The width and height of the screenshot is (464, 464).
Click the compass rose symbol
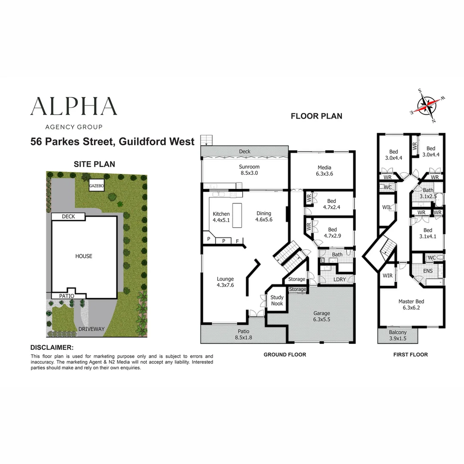coord(427,105)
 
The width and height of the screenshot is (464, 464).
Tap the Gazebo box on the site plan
coord(97,186)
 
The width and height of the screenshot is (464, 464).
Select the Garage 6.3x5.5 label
coord(322,316)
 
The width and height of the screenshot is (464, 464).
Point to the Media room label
coord(324,171)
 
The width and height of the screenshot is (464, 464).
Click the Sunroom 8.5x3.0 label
coord(249,170)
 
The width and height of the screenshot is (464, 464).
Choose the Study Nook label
coord(277,300)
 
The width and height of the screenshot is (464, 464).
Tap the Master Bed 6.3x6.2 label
coord(411,304)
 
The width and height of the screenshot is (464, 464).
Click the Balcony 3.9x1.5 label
coord(398,335)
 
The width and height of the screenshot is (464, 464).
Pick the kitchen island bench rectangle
coord(237,215)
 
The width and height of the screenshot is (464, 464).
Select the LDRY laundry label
coord(339,279)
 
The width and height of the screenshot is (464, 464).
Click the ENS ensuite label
coord(427,271)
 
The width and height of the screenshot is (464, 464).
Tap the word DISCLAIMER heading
coord(52,348)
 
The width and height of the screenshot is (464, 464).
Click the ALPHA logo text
coord(74,106)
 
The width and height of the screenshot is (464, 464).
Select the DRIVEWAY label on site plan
coord(92,329)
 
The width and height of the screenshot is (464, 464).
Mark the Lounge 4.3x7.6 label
coord(225,282)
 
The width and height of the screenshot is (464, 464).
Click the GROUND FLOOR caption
coord(285,354)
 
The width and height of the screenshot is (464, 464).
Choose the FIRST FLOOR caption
coord(410,354)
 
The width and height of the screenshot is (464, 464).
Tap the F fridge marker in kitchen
coord(237,241)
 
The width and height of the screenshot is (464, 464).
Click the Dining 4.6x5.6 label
coord(264,216)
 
